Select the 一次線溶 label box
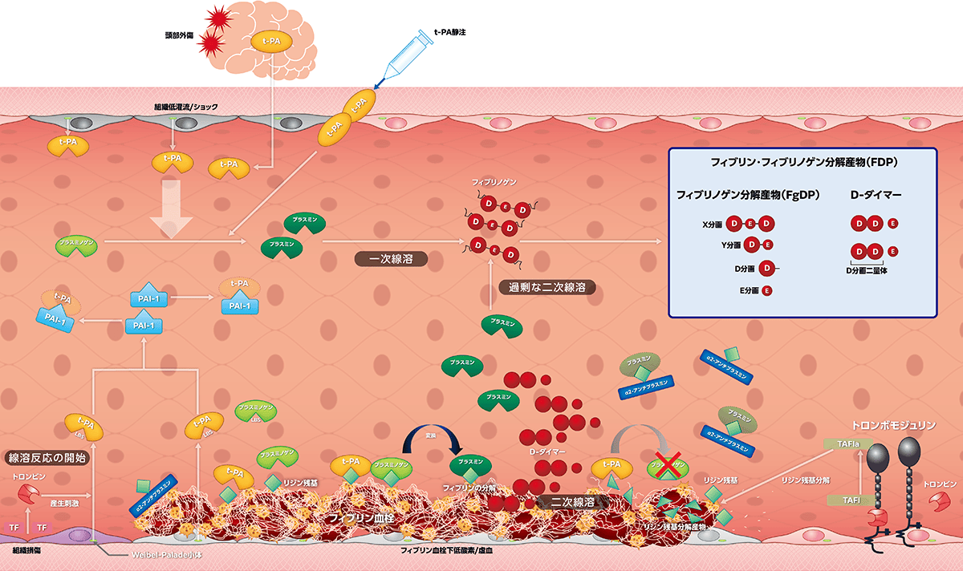pyautogui.click(x=391, y=259)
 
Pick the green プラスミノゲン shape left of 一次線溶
pyautogui.click(x=77, y=245)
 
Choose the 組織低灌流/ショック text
pyautogui.click(x=185, y=107)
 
